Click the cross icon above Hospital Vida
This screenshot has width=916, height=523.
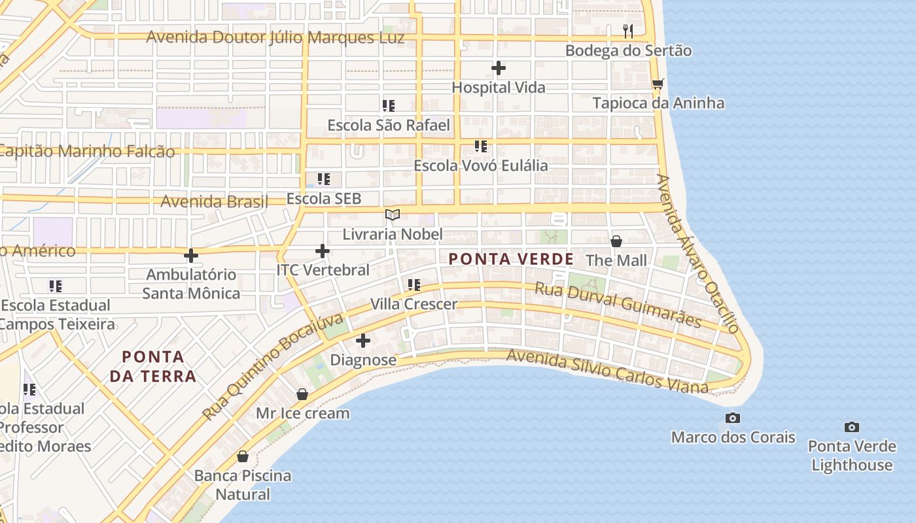coord(499,67)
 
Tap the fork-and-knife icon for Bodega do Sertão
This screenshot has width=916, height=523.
coord(628,31)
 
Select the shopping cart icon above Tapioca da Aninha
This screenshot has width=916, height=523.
coord(658,84)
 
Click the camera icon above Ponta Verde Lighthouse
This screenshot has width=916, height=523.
coord(851,427)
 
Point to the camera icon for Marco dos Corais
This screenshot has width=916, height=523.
coord(733,418)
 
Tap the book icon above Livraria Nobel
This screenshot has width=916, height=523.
coord(393,214)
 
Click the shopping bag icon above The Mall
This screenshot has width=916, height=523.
coord(616,241)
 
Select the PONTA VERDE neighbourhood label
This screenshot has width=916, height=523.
coord(511,259)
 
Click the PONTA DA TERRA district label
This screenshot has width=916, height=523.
coord(153,366)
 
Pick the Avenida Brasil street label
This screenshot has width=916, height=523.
coord(215,201)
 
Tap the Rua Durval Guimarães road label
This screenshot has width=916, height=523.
coord(618,304)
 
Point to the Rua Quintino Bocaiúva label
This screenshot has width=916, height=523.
coord(273,367)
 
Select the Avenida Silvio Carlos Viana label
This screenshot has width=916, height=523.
coord(607,371)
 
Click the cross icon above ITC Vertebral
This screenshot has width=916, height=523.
coord(322,250)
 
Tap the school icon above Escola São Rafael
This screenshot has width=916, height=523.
coord(389,105)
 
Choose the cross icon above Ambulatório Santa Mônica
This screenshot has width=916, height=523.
coord(191,255)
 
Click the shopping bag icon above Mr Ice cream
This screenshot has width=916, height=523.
coord(302,394)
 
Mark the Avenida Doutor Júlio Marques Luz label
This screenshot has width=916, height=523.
coord(275,37)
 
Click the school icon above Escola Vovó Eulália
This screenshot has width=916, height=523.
coord(481,146)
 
